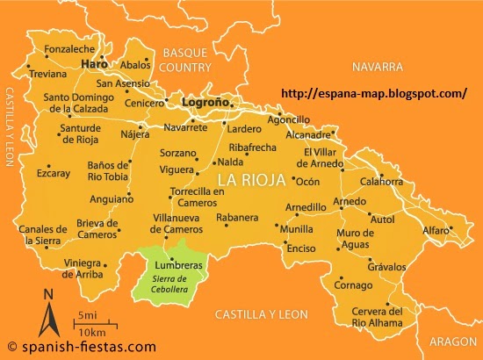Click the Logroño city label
click(205, 102)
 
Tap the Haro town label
click(92, 65)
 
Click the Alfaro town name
click(436, 230)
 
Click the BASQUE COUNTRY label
click(188, 60)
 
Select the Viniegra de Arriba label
click(96, 267)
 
